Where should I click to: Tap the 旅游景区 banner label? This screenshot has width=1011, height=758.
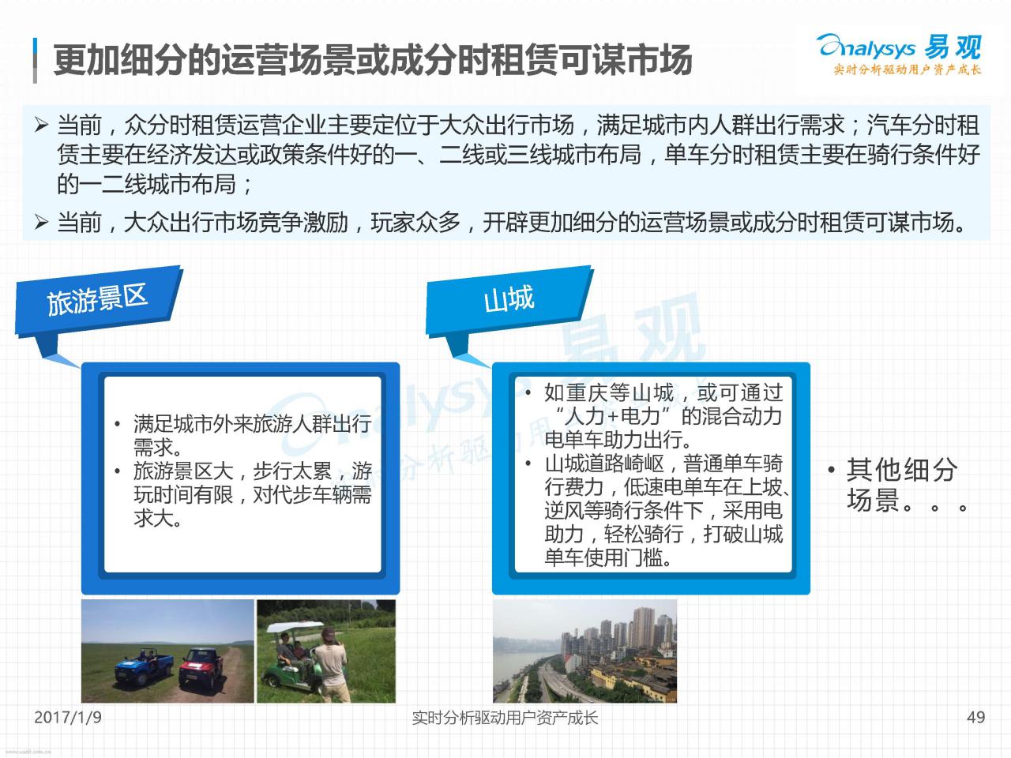(97, 298)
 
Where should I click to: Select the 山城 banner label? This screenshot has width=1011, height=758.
(509, 298)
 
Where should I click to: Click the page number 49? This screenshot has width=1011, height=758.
(975, 717)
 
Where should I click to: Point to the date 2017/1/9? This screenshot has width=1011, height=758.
(68, 717)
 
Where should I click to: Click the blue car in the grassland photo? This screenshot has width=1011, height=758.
(144, 665)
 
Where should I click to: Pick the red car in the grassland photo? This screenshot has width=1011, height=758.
(201, 667)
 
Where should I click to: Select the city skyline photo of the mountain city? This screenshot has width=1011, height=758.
(585, 651)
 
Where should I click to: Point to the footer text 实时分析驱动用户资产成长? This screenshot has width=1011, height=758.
(505, 718)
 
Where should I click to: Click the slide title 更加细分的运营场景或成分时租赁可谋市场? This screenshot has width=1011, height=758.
(373, 60)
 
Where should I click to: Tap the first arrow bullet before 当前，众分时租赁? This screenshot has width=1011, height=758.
(41, 125)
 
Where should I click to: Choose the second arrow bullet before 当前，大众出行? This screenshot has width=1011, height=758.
(41, 223)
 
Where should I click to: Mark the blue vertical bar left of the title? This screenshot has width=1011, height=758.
(35, 60)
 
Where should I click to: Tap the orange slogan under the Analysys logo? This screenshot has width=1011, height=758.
(908, 69)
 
